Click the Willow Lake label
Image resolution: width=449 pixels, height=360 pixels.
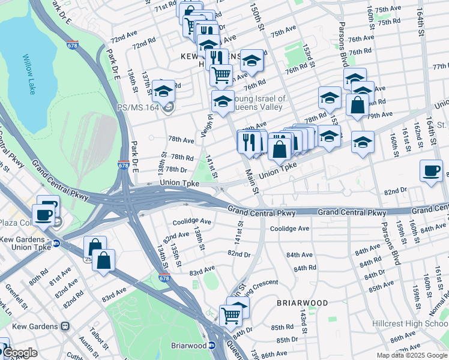(29, 74)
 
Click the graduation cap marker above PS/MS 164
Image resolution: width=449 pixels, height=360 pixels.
(163, 92)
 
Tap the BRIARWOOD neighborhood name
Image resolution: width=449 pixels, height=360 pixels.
(303, 304)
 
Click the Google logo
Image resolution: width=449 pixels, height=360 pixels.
(19, 353)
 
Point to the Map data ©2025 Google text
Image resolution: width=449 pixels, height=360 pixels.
(411, 355)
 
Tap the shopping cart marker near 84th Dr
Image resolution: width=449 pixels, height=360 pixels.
(231, 315)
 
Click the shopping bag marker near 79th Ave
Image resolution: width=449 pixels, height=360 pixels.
(357, 104)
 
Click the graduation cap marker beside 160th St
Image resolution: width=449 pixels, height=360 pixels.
(363, 143)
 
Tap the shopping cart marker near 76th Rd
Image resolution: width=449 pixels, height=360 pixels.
(221, 75)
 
